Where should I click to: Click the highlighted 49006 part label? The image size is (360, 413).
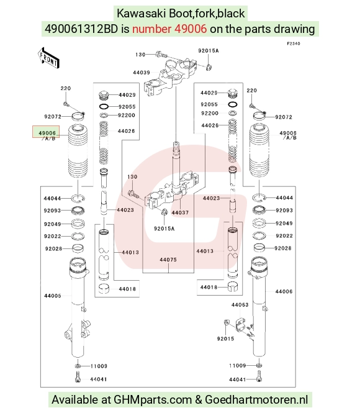click(x=47, y=133)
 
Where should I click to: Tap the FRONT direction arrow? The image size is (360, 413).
click(x=48, y=58)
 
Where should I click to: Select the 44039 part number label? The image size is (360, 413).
click(x=142, y=73)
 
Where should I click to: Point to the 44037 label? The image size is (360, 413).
click(x=180, y=212)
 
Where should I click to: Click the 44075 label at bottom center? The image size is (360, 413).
click(x=168, y=260)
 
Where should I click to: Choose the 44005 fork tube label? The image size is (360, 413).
click(x=53, y=296)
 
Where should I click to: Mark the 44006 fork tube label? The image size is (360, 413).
click(x=284, y=291)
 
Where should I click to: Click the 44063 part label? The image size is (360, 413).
click(x=240, y=305)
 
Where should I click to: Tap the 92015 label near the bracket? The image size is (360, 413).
click(x=225, y=338)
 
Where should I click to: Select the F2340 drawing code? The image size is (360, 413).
click(x=294, y=43)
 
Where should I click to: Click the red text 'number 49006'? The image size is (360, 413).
click(x=169, y=29)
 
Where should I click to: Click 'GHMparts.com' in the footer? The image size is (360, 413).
click(x=152, y=399)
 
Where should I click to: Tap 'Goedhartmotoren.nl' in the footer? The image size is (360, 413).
click(x=256, y=399)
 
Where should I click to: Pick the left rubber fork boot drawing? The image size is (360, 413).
click(x=78, y=151)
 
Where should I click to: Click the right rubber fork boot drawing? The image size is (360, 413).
click(x=259, y=150)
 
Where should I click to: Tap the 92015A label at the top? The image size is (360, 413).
click(x=209, y=50)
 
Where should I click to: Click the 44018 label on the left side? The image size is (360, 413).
click(x=127, y=289)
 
